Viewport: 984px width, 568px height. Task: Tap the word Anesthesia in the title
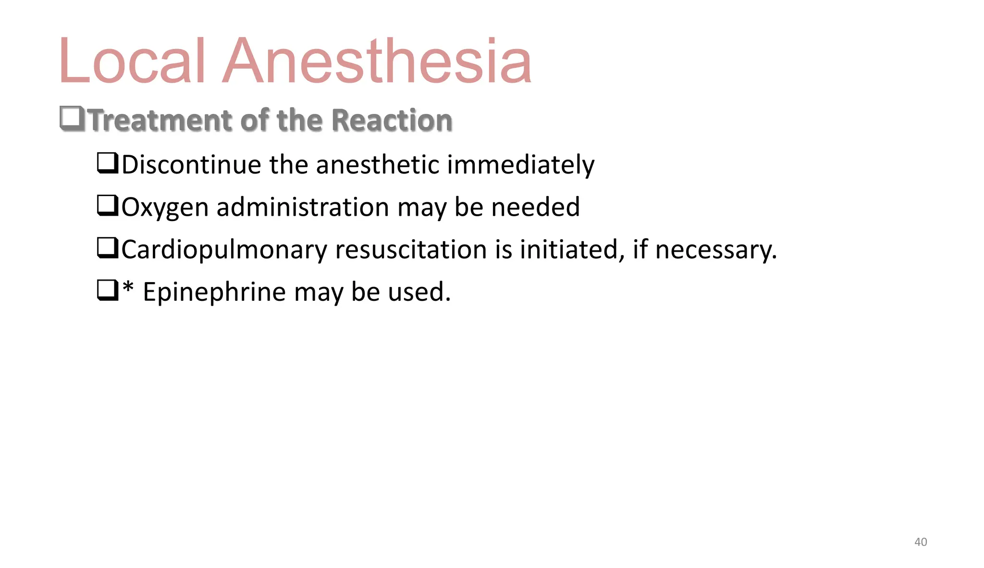377,62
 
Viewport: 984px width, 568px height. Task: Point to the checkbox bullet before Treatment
72,119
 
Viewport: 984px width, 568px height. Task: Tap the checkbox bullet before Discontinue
108,163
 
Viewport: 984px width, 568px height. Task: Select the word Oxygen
165,208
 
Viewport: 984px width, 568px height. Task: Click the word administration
303,207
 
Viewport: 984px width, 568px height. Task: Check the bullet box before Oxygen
108,206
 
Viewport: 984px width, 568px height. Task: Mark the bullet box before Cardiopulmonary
108,248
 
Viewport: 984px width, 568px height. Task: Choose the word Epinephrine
214,292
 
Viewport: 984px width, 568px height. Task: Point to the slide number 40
920,542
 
